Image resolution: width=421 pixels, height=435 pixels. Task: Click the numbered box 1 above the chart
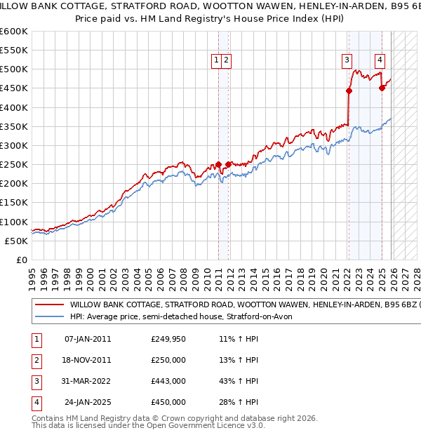tap(217, 61)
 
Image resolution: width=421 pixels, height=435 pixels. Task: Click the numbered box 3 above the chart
tap(347, 61)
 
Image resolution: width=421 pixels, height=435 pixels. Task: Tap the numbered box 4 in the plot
tap(380, 61)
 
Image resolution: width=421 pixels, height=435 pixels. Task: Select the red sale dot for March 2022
tap(349, 91)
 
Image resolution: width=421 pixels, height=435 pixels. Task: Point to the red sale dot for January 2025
tap(382, 88)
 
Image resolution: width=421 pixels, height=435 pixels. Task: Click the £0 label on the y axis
tap(21, 260)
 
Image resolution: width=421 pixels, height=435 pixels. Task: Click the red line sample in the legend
tap(49, 305)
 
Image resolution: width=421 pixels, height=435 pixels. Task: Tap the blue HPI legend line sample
tap(49, 316)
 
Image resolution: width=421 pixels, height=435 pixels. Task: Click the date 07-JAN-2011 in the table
tap(87, 339)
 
